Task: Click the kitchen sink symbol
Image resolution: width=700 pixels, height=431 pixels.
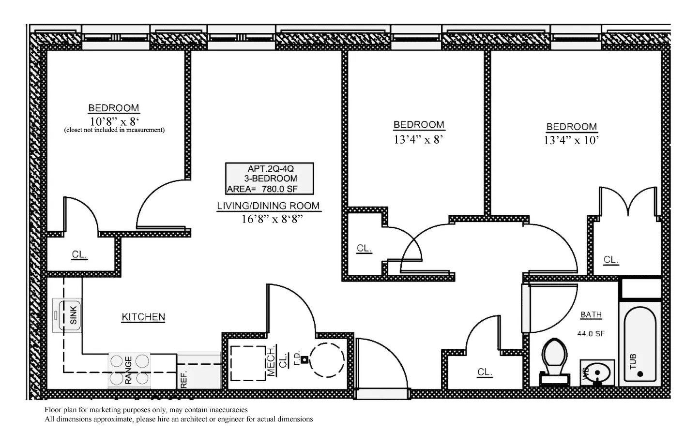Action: coord(67,315)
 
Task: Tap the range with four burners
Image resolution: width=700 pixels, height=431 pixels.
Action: coord(129,370)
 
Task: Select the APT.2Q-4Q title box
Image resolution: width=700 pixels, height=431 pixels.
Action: coord(270,178)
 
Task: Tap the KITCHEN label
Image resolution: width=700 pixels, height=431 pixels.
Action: coord(143,317)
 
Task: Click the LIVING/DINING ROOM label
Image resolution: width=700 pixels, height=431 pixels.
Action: coord(268,206)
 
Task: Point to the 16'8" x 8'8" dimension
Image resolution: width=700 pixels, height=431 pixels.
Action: coord(272,219)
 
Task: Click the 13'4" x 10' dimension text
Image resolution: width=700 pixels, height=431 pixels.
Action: coord(571,141)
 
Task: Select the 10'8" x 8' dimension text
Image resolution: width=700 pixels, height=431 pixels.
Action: coord(114,121)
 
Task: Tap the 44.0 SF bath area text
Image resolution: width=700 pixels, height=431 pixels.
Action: coord(591,333)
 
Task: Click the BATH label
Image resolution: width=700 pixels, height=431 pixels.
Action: coord(591,315)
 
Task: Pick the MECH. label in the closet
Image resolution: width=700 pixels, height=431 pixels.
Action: coord(271,360)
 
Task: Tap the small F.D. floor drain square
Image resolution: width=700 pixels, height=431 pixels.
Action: coord(304,359)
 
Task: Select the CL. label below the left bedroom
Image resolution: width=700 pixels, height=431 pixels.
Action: coord(79,255)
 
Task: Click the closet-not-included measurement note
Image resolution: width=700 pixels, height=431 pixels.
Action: coord(114,130)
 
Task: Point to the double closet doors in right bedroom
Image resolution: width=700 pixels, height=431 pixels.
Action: coord(628,201)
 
